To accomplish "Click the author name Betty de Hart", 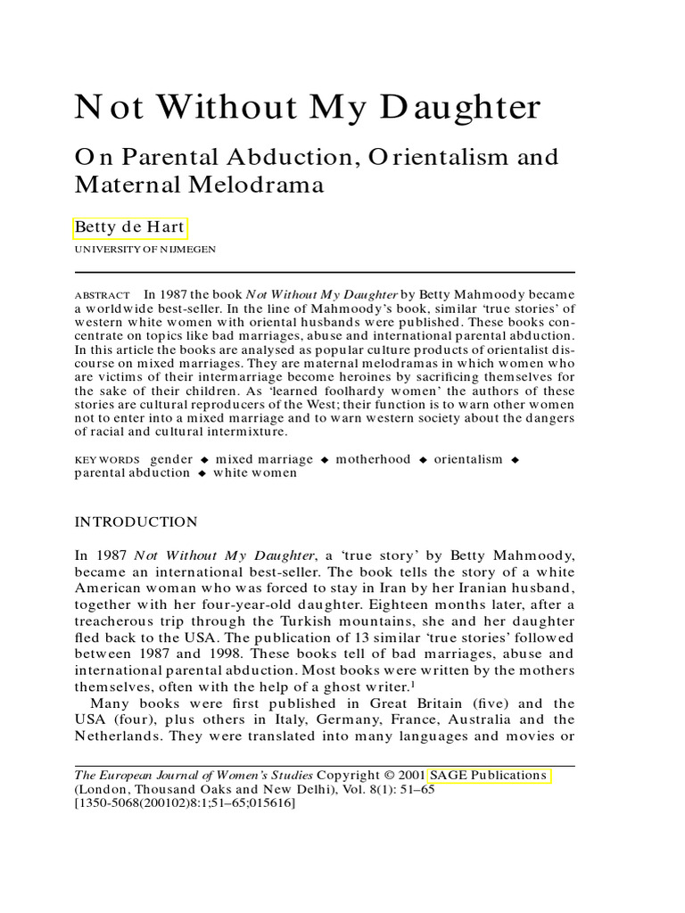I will tap(129, 226).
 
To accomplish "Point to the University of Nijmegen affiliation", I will tap(144, 251).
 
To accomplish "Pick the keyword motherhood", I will tap(374, 459).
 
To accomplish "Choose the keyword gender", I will tap(171, 459).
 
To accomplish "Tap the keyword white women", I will tap(254, 473).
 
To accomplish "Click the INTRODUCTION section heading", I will tap(136, 522).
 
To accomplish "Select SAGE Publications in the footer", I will tap(489, 775).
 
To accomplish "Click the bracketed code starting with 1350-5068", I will tap(184, 803).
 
